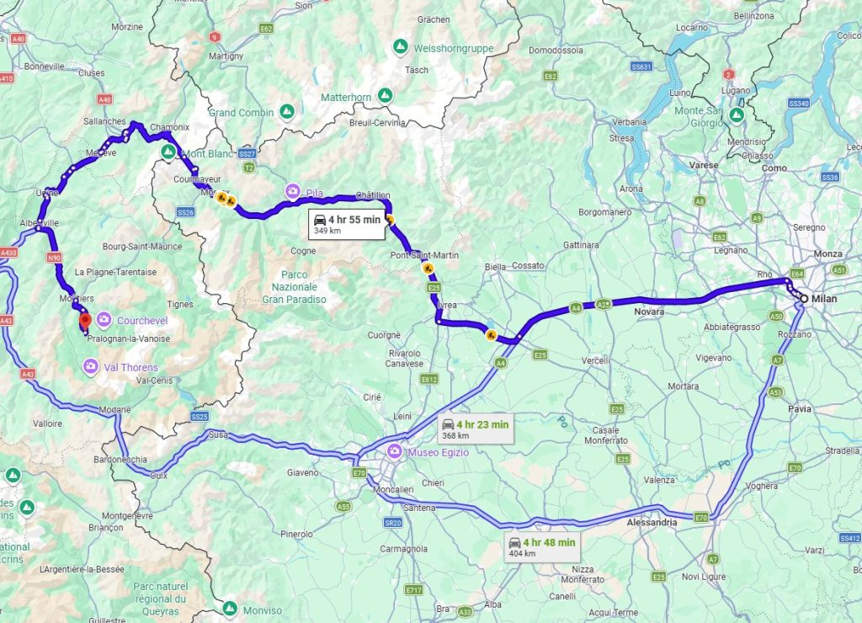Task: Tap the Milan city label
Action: [x=826, y=298]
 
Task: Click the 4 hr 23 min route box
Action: [x=476, y=429]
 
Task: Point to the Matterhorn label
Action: [x=345, y=97]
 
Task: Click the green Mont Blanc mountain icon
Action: [x=168, y=152]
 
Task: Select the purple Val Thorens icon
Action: [x=90, y=365]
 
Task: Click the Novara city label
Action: [x=649, y=311]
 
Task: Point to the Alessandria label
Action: [x=652, y=522]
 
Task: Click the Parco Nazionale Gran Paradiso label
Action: [x=294, y=286]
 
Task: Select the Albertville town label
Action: [x=39, y=223]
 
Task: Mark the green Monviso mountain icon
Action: [x=230, y=606]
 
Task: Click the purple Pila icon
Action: [x=292, y=192]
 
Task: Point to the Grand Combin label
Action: [x=241, y=112]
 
